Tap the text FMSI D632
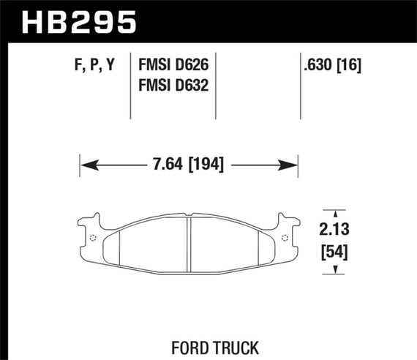coord(173,85)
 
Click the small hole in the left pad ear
coord(92,239)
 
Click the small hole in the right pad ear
coord(285,239)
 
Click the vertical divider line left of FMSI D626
coord(130,86)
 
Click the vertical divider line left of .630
coord(301,86)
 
